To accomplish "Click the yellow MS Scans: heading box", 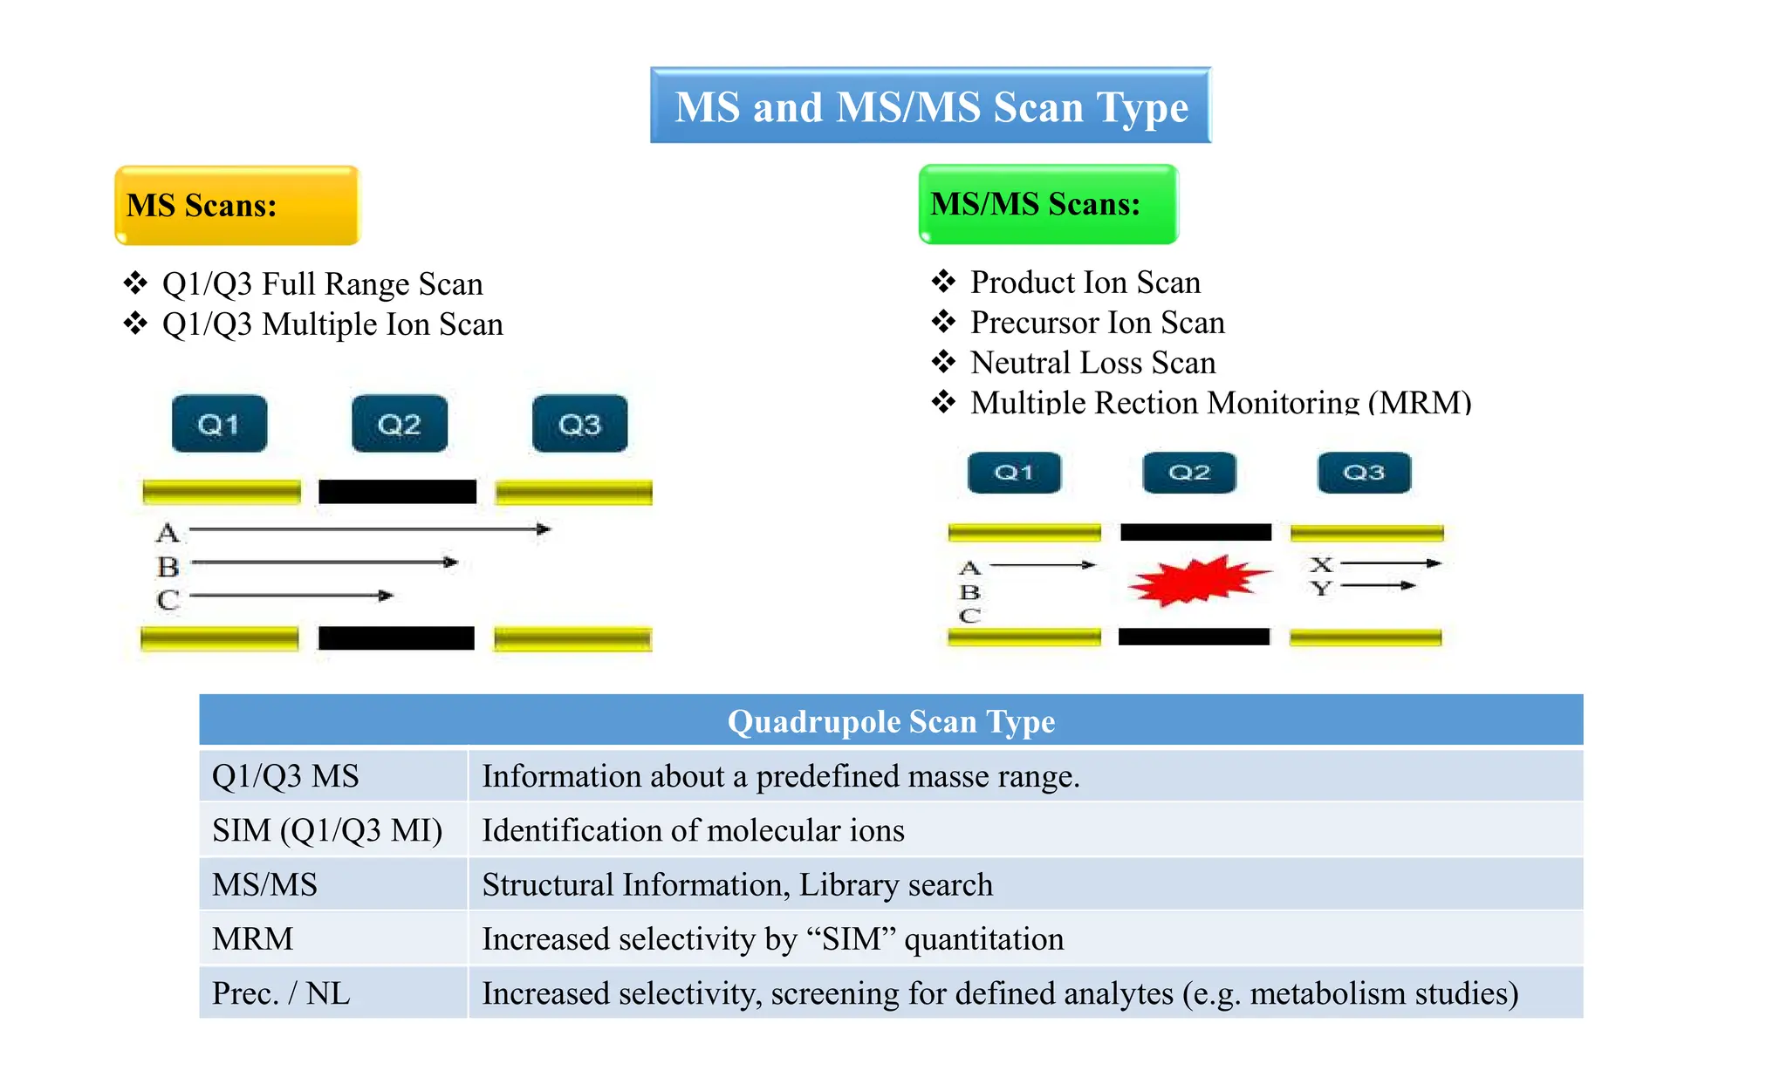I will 236,206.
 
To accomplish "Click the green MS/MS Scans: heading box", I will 1048,204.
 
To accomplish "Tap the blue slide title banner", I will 930,106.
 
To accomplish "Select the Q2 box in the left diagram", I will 399,424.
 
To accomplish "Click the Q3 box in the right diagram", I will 1363,473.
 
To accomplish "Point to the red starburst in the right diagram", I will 1197,581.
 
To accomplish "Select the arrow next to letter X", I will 1390,563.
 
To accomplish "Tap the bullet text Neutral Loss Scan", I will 1092,363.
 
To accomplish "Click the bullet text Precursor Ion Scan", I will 1097,323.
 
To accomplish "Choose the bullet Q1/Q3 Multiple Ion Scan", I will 332,324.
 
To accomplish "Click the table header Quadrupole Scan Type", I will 891,721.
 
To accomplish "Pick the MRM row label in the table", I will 253,939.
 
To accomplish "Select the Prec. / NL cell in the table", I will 281,993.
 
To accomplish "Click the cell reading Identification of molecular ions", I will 693,830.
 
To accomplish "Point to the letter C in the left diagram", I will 168,600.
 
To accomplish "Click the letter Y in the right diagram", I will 1322,589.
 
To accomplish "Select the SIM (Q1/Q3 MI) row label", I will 327,830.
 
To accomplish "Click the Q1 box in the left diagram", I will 219,424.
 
